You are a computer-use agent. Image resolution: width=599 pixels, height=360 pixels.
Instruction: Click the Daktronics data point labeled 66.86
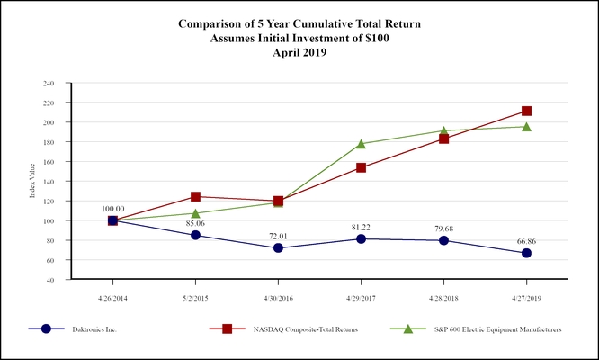click(x=526, y=253)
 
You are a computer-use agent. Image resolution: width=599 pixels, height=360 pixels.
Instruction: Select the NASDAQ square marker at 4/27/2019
click(x=526, y=111)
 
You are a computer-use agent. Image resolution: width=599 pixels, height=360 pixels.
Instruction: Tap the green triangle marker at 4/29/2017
click(x=361, y=144)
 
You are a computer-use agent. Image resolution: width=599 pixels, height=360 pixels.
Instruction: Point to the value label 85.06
click(x=195, y=222)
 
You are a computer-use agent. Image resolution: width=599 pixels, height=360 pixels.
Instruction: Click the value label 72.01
click(x=278, y=234)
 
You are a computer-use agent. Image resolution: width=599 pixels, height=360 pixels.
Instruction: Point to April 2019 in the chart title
click(x=299, y=52)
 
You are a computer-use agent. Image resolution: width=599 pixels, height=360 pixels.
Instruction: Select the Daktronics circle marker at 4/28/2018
click(x=443, y=240)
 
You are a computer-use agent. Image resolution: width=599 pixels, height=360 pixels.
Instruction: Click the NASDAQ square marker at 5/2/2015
click(x=195, y=196)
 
